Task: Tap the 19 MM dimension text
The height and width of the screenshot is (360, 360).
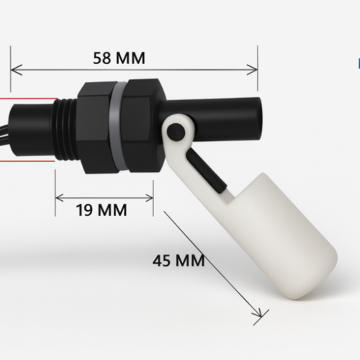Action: click(x=102, y=210)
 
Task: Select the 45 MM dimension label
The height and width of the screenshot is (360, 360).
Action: click(x=178, y=260)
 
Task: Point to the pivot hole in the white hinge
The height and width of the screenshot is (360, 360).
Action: click(x=174, y=130)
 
